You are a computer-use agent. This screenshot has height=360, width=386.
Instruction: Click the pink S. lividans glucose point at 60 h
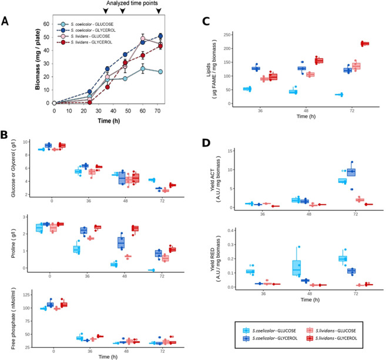[x=142, y=39]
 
